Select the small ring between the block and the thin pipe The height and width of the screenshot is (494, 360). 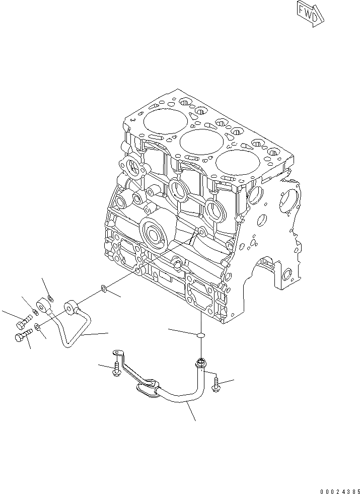pyautogui.click(x=103, y=289)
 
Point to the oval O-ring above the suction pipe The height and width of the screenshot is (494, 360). pyautogui.click(x=200, y=334)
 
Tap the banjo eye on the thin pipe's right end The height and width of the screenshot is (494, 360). pyautogui.click(x=71, y=306)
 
